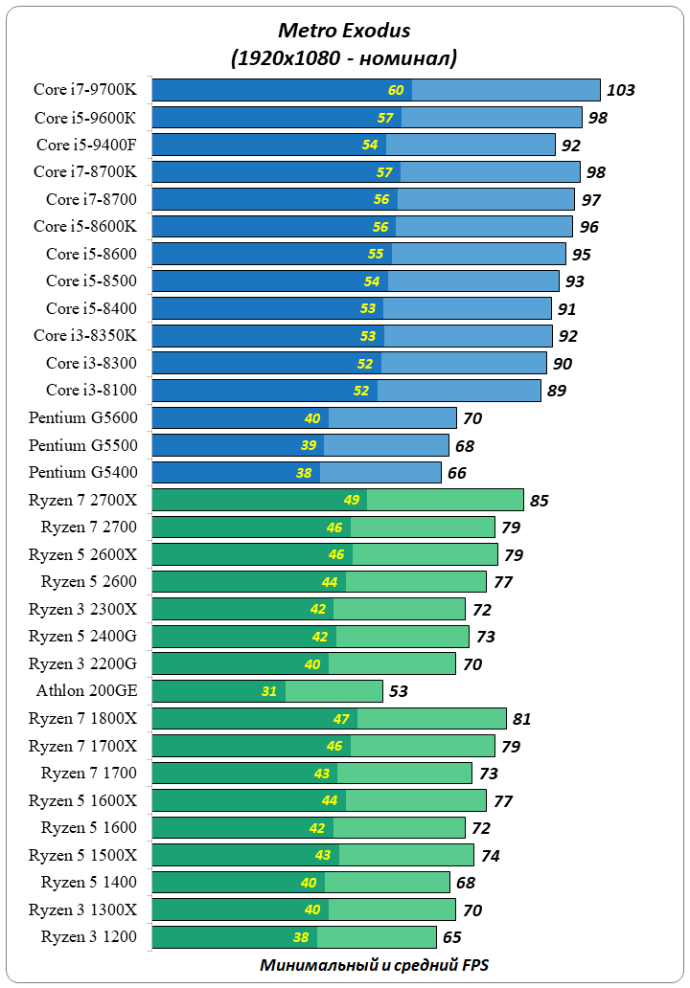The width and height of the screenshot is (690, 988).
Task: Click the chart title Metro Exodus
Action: pos(344,32)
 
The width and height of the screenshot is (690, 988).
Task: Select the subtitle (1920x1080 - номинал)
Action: pos(344,57)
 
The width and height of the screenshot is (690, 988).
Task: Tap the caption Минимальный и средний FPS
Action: pos(373,965)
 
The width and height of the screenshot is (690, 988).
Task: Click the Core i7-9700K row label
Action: pos(85,90)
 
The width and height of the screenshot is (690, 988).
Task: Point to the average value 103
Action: pos(621,91)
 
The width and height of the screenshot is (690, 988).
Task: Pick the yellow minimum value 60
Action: pos(396,91)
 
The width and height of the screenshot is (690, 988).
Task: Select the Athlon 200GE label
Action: pos(87,690)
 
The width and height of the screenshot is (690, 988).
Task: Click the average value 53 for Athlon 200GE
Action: pos(400,692)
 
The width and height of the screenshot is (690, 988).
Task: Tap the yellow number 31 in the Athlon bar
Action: pos(269,692)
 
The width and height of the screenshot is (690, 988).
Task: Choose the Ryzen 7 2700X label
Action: pos(82,499)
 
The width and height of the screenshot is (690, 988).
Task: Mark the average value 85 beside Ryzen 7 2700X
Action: pos(540,501)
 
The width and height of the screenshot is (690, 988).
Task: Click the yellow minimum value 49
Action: pos(352,501)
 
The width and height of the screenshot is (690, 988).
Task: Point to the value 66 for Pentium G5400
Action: pos(457,473)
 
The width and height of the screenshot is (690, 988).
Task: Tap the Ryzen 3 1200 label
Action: pos(88,936)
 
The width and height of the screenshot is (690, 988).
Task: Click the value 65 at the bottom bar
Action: pos(452,938)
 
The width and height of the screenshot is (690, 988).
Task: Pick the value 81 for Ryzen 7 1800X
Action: pos(522,719)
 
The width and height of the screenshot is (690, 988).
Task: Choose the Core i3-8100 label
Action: pos(91,390)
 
